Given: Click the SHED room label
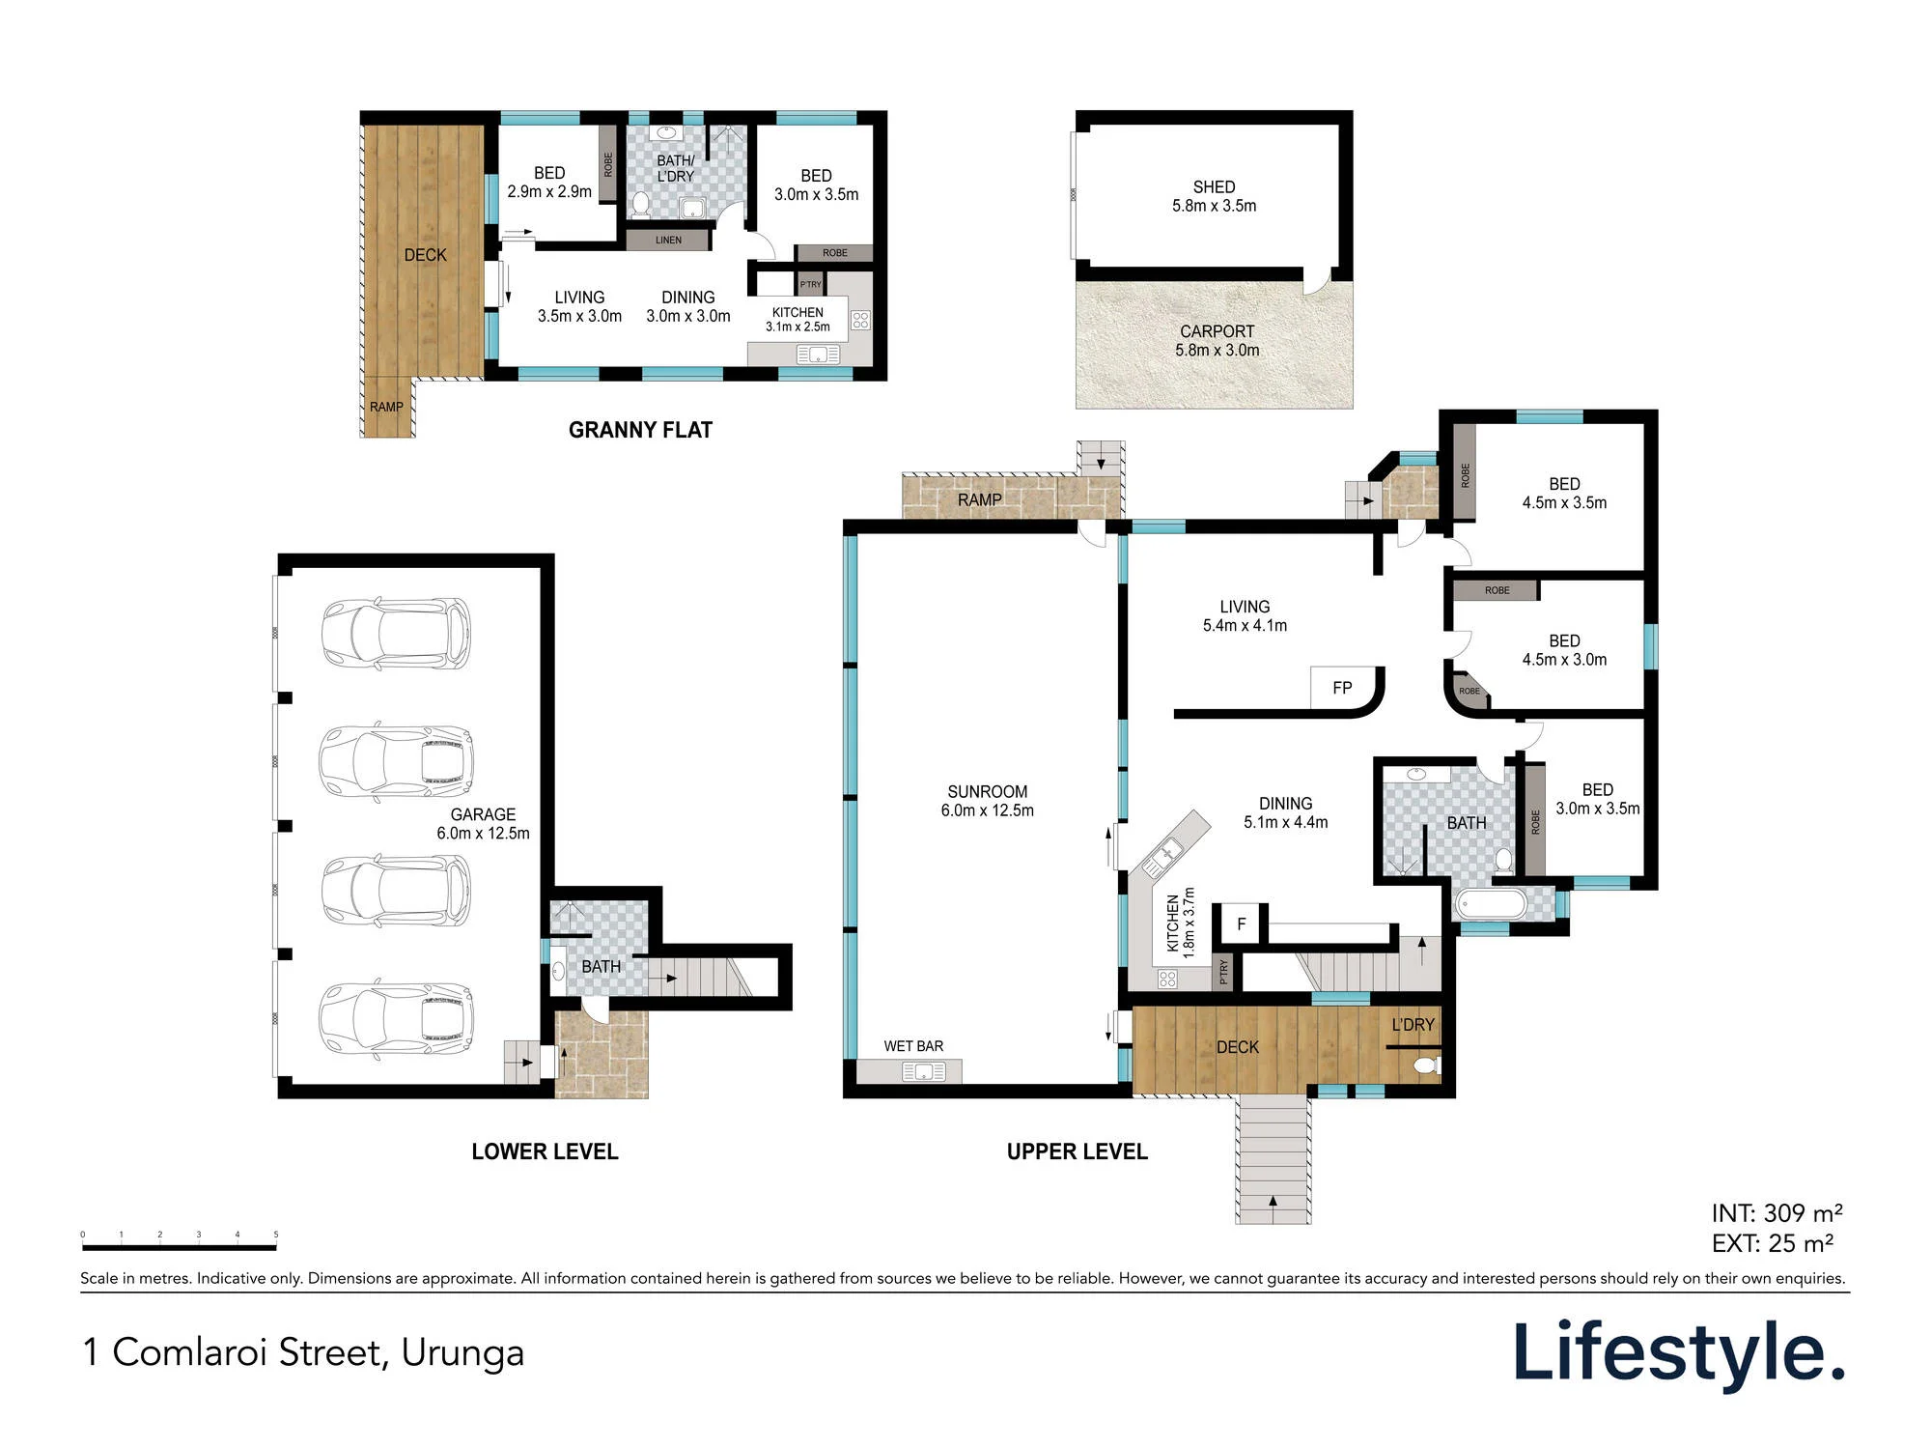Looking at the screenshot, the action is click(x=1214, y=187).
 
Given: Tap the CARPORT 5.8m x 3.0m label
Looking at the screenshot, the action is click(x=1217, y=341).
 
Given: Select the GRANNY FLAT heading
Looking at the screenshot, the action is click(x=640, y=430).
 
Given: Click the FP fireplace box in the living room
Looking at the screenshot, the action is click(x=1342, y=688).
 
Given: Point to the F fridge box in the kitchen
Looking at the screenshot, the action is click(x=1242, y=924).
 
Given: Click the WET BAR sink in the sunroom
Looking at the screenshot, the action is click(x=923, y=1071).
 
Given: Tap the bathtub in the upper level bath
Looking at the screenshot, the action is click(x=1493, y=905).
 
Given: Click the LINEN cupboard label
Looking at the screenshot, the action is click(x=668, y=240).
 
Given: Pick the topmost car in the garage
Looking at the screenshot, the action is click(x=396, y=634).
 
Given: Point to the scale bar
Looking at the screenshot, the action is click(x=180, y=1247).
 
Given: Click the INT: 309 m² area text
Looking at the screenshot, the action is click(x=1777, y=1213).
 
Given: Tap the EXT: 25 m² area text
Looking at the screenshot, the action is click(x=1773, y=1243).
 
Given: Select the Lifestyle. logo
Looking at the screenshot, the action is click(x=1680, y=1354).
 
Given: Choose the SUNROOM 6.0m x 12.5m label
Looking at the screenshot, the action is click(x=987, y=801).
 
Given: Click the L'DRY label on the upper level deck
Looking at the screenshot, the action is click(x=1413, y=1025).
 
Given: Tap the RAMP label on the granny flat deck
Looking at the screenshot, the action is click(x=386, y=407).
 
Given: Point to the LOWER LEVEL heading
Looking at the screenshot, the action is click(x=545, y=1151).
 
